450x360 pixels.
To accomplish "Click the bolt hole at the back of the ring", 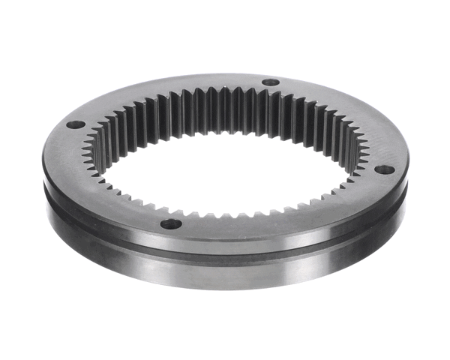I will (x=271, y=82).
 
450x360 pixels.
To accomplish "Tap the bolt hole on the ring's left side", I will (x=75, y=124).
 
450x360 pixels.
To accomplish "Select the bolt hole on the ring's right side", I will (x=384, y=169).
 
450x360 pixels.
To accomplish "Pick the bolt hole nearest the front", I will (x=171, y=223).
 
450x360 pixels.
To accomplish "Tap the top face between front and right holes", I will (x=300, y=217).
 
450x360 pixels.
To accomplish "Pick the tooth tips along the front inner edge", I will (x=225, y=214).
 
